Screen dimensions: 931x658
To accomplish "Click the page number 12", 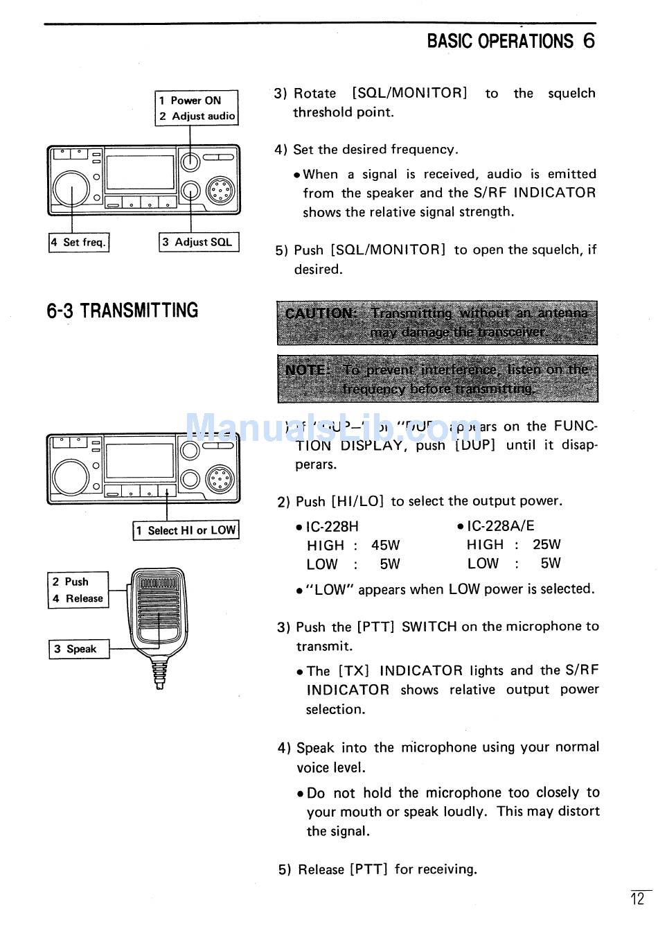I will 637,900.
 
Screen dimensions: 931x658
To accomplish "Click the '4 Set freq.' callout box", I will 79,243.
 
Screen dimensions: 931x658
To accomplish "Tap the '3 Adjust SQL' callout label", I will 199,242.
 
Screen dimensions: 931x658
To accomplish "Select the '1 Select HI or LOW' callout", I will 186,530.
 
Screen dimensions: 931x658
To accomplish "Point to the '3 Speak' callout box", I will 78,649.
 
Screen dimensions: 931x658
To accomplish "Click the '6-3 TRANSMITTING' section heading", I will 123,311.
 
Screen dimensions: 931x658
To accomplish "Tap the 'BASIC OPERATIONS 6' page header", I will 510,42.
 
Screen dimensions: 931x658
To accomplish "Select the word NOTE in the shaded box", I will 307,369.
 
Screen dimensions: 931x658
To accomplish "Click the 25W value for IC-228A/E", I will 546,545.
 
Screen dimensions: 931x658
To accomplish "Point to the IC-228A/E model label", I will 500,526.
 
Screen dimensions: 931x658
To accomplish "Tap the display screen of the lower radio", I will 139,460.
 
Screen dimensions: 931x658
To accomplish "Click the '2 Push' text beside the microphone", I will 71,582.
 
